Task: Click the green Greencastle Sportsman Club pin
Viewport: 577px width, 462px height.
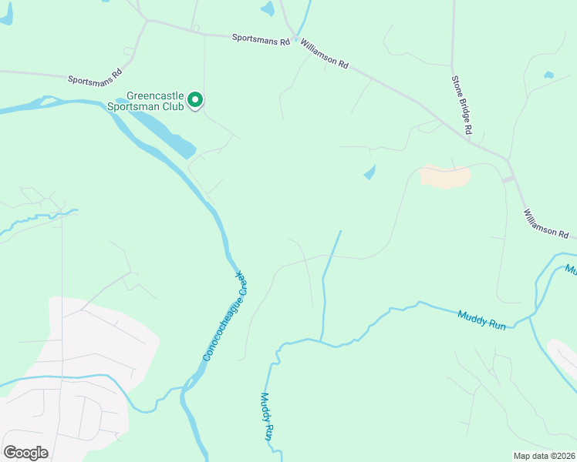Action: [196, 99]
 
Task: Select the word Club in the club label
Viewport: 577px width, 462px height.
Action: [173, 106]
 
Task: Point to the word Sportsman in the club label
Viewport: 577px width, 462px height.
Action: [140, 106]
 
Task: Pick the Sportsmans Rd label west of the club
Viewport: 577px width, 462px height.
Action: [95, 78]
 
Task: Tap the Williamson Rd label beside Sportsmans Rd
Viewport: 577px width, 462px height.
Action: [325, 55]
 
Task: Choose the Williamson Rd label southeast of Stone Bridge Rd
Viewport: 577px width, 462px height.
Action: [545, 223]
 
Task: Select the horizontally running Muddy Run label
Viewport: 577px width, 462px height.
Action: [482, 320]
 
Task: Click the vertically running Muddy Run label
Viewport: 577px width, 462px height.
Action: [266, 417]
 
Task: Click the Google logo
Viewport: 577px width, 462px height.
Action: [25, 452]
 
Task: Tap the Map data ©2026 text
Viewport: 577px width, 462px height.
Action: [544, 456]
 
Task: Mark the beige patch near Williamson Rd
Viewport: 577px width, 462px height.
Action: [445, 176]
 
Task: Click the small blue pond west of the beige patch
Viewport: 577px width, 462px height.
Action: [369, 172]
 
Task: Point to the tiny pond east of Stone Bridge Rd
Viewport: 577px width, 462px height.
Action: [548, 75]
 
